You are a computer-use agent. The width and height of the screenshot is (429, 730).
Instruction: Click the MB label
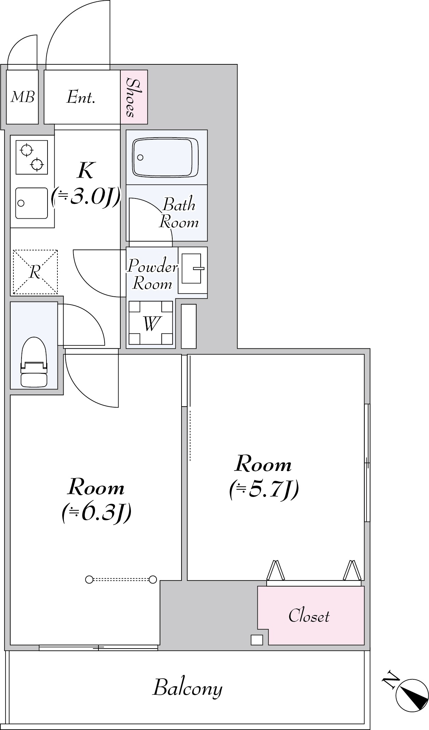(x=23, y=97)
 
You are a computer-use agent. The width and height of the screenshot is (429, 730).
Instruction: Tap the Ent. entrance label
(x=81, y=97)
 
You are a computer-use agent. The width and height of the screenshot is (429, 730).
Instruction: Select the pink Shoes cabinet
(x=134, y=97)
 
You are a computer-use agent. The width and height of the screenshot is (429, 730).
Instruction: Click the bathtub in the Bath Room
(x=166, y=157)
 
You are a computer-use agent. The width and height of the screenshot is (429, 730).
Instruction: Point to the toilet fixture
(x=34, y=362)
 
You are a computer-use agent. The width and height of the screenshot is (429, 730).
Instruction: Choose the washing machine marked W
(x=151, y=323)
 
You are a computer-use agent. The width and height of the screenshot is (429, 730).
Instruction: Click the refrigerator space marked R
(x=35, y=272)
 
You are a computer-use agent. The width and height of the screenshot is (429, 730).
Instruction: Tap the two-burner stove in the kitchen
(x=32, y=157)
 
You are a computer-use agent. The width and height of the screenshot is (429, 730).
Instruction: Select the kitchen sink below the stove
(x=31, y=203)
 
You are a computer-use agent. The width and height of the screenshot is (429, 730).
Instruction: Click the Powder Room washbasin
(x=192, y=270)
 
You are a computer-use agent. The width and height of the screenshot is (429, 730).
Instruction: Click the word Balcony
(x=187, y=688)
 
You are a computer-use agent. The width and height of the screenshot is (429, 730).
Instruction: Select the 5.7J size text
(x=264, y=489)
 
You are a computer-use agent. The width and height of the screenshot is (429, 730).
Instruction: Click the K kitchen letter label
(x=85, y=170)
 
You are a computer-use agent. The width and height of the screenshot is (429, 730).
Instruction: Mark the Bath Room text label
(x=179, y=213)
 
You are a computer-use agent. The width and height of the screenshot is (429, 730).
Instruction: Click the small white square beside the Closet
(x=257, y=640)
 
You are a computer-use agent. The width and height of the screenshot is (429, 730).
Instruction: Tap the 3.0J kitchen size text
(x=86, y=196)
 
